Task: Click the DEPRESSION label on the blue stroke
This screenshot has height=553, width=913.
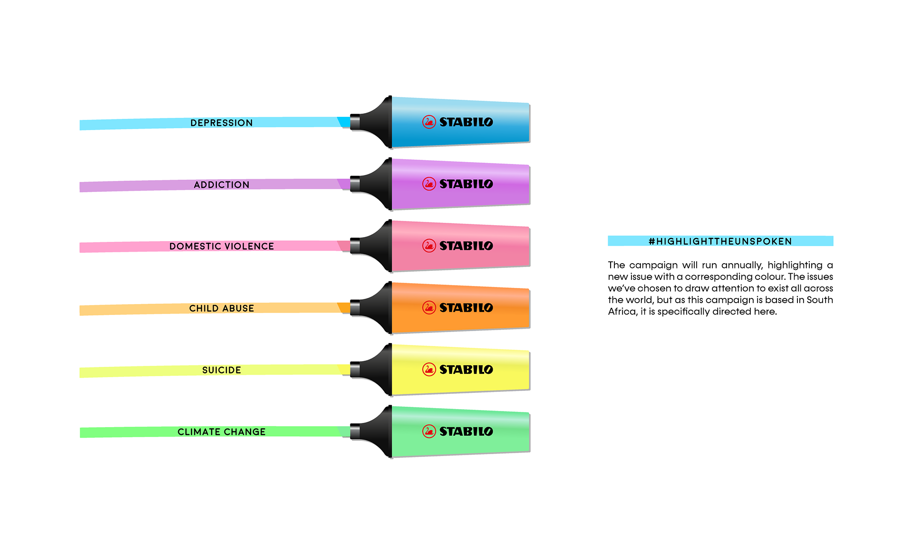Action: pyautogui.click(x=222, y=123)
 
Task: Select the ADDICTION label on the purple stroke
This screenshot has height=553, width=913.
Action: pyautogui.click(x=222, y=185)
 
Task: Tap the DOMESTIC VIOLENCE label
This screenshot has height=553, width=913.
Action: pyautogui.click(x=222, y=247)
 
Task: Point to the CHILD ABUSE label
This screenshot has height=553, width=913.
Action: pyautogui.click(x=222, y=308)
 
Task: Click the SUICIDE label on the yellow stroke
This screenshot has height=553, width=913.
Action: pyautogui.click(x=222, y=370)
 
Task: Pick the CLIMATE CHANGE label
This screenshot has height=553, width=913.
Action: pyautogui.click(x=222, y=432)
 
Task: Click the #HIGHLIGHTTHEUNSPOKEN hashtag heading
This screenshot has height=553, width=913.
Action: pyautogui.click(x=720, y=241)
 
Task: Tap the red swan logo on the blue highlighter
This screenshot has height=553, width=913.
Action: pyautogui.click(x=429, y=122)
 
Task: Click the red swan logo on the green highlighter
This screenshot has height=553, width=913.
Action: pyautogui.click(x=429, y=431)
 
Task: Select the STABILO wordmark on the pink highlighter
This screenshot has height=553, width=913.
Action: pyautogui.click(x=466, y=246)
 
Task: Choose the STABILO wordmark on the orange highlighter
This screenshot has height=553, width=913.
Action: pyautogui.click(x=466, y=308)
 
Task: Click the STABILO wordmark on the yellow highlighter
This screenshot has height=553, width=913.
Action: pyautogui.click(x=466, y=370)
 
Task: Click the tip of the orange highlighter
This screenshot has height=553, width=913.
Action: pyautogui.click(x=355, y=308)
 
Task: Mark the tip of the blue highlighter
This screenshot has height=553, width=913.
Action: pyautogui.click(x=355, y=122)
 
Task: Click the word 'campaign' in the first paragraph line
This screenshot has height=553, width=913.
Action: pyautogui.click(x=653, y=266)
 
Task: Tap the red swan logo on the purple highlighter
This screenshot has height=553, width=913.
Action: pyautogui.click(x=429, y=184)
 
